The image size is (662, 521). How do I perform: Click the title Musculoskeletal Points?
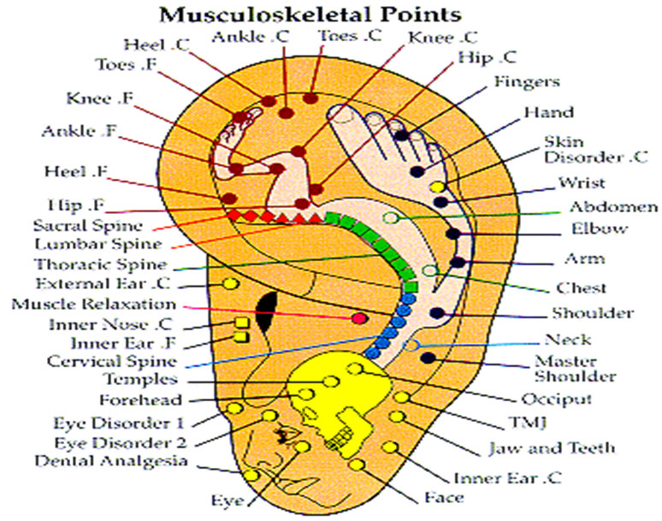[x=310, y=15]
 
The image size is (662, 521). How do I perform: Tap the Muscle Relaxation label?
[x=94, y=305]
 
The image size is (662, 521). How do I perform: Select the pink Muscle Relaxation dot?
[x=359, y=318]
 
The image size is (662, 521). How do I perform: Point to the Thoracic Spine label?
[x=101, y=264]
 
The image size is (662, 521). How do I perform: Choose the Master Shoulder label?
[x=575, y=369]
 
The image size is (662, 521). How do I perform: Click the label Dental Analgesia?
[x=111, y=460]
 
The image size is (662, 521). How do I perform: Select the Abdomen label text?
[x=613, y=207]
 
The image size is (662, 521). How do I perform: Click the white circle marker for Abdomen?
[x=391, y=218]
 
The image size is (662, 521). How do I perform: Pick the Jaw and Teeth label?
[x=552, y=448]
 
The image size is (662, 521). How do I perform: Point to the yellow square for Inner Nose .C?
[x=241, y=323]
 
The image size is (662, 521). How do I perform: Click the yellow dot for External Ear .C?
[x=231, y=283]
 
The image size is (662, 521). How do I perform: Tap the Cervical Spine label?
[x=112, y=361]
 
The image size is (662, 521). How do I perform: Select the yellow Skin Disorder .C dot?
[x=438, y=186]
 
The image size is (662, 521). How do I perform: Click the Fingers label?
[x=527, y=81]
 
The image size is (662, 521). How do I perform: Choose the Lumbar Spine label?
[x=98, y=245]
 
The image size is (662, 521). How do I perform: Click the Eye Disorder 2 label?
[x=121, y=443]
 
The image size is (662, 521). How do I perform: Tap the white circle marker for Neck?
[x=411, y=346]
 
